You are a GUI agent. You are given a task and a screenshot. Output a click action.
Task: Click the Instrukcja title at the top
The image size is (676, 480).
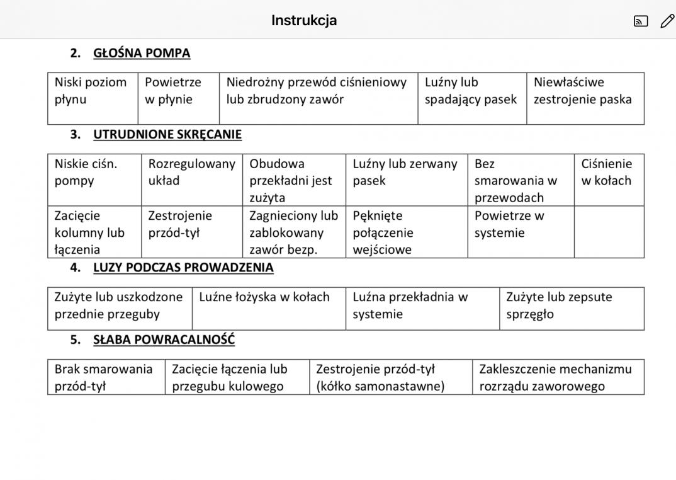(x=304, y=20)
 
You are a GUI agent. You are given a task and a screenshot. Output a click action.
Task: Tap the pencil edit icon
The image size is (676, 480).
(x=667, y=21)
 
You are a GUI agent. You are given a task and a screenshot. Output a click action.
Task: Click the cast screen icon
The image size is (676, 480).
(x=641, y=21)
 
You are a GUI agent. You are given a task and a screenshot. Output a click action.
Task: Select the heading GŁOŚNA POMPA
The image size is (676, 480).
(x=142, y=53)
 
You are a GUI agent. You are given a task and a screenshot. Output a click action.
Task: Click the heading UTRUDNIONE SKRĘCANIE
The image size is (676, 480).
(x=167, y=134)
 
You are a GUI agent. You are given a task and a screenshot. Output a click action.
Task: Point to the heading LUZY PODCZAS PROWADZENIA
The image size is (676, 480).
(x=183, y=267)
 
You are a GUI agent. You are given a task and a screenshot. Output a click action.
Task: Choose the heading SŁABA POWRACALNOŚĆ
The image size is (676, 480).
(x=164, y=340)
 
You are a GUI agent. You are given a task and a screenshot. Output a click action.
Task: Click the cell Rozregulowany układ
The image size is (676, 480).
(x=191, y=172)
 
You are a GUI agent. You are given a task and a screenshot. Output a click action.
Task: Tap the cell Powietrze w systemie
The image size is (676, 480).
(x=509, y=224)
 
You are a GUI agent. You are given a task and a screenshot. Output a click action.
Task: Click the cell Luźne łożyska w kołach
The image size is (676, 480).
(x=264, y=297)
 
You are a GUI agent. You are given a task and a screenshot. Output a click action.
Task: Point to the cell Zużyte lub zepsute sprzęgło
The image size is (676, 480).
(x=559, y=306)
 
